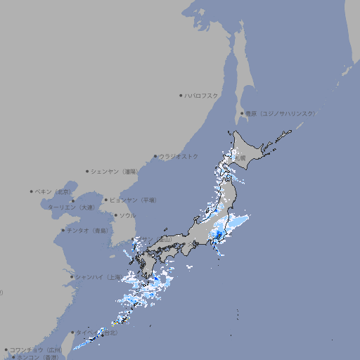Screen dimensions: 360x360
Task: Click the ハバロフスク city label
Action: pyautogui.click(x=202, y=95)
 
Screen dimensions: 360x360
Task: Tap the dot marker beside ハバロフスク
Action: pyautogui.click(x=181, y=95)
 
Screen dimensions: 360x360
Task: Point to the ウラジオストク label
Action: pyautogui.click(x=179, y=156)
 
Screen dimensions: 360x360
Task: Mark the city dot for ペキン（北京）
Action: pyautogui.click(x=32, y=191)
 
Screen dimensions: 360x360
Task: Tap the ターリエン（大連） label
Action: pyautogui.click(x=71, y=207)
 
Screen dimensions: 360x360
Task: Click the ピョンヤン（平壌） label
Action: pyautogui.click(x=133, y=200)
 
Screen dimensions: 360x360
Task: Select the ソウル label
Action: pyautogui.click(x=127, y=215)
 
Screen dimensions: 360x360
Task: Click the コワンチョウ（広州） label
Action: pyautogui.click(x=36, y=349)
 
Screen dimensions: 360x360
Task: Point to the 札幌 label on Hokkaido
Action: pyautogui.click(x=240, y=158)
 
